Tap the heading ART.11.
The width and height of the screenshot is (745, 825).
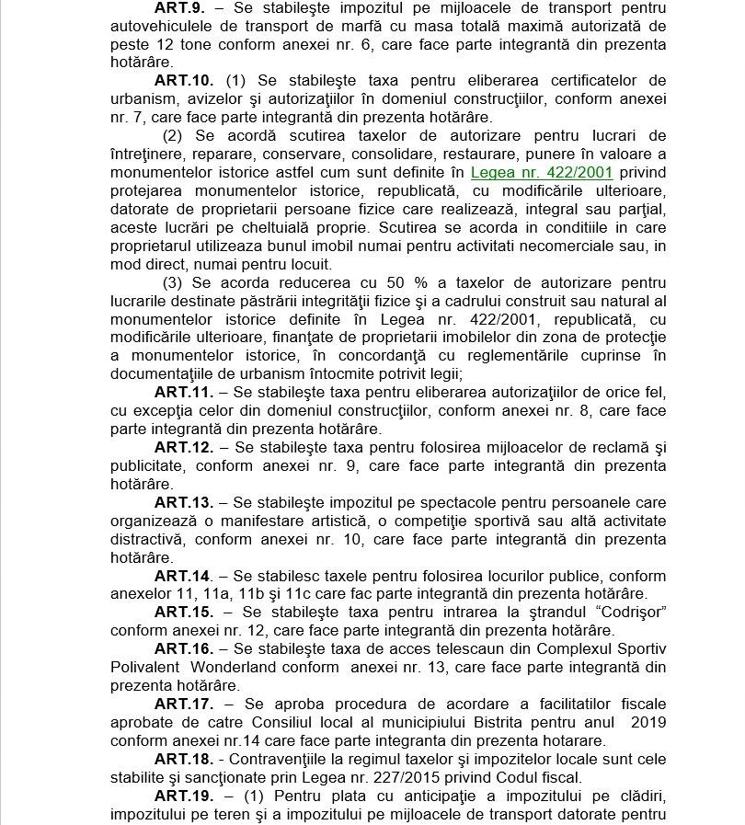[184, 393]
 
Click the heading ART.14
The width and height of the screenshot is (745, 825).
[183, 576]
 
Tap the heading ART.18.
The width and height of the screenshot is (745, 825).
[184, 759]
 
